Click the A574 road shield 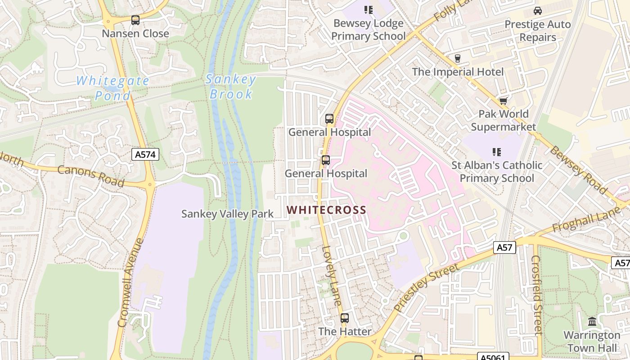tap(146, 155)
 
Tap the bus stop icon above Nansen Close tap(135, 20)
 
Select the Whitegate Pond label tap(112, 88)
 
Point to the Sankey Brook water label tap(231, 87)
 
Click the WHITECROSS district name tap(326, 210)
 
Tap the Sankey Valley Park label tap(227, 214)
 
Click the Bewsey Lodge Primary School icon tap(369, 10)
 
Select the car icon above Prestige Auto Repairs tap(537, 11)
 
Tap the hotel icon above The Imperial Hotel tap(458, 58)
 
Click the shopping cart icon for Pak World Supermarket tap(503, 100)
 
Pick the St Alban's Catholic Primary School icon tap(496, 152)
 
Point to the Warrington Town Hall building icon tap(592, 322)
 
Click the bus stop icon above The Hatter tap(345, 318)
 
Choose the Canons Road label tap(91, 176)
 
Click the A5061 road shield tap(493, 357)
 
